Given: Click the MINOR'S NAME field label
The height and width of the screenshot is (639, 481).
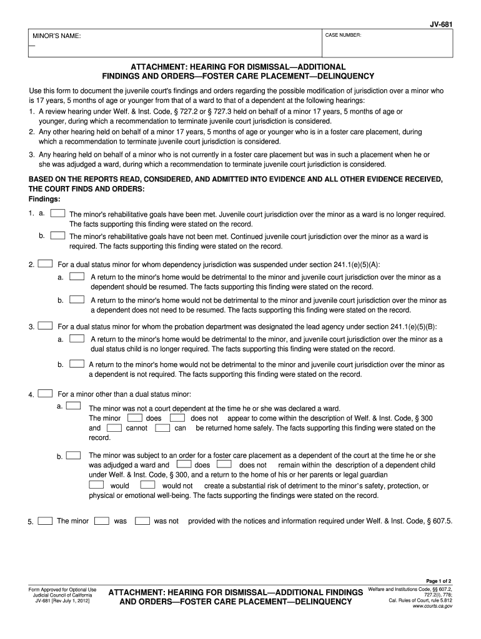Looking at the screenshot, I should coord(57,36).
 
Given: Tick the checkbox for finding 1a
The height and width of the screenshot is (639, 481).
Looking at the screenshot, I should coord(57,213).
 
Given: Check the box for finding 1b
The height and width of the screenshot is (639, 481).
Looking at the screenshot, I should coord(57,236).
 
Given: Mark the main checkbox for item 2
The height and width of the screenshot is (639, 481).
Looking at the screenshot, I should coord(45,264).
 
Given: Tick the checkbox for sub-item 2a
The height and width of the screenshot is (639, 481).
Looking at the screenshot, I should coord(77,276).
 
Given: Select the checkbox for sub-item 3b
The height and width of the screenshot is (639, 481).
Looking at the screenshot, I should coord(77,363).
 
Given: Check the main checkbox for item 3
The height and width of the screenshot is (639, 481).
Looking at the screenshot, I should coord(45,326).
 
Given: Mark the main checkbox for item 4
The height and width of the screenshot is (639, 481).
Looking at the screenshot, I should coord(45,394).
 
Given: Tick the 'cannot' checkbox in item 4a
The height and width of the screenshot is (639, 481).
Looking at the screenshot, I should coord(114,428).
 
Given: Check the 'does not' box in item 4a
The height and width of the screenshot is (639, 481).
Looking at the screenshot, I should coord(177,417).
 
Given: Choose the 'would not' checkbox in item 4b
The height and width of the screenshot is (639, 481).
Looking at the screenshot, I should coord(148,485).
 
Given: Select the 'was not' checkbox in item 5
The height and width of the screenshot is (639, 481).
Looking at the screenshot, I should coord(142,520).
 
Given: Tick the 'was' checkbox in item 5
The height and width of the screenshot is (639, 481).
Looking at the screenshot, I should coord(102,520).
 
